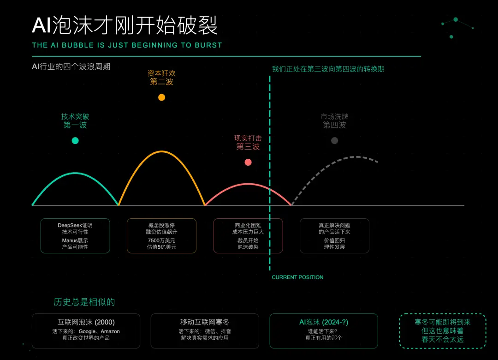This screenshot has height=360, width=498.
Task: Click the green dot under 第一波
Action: click(75, 140)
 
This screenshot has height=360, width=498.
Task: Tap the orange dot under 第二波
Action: click(161, 97)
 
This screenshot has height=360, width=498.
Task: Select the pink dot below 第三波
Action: click(248, 162)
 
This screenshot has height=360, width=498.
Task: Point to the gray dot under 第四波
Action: click(334, 140)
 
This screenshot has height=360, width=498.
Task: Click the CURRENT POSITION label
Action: click(297, 277)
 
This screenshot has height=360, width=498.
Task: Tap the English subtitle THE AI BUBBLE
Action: click(127, 45)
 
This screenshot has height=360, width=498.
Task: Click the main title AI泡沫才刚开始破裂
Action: click(125, 26)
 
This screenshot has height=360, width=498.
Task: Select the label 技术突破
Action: click(75, 117)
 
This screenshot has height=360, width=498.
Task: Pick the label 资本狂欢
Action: click(161, 73)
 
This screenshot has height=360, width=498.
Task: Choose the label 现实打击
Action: click(248, 138)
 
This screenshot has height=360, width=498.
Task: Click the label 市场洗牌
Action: click(334, 117)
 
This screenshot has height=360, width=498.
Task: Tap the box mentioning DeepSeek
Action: click(75, 235)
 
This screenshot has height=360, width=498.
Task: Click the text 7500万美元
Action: click(161, 240)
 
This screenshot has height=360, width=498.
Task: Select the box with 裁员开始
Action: click(248, 235)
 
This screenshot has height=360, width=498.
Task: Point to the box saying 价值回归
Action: click(334, 235)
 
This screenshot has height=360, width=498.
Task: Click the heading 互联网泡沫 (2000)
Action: click(86, 322)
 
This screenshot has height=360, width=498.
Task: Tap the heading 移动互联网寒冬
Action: click(205, 322)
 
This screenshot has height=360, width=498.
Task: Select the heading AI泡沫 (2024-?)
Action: click(324, 322)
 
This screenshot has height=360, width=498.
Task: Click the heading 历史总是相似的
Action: click(84, 302)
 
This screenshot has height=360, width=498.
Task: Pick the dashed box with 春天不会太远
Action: click(442, 331)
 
